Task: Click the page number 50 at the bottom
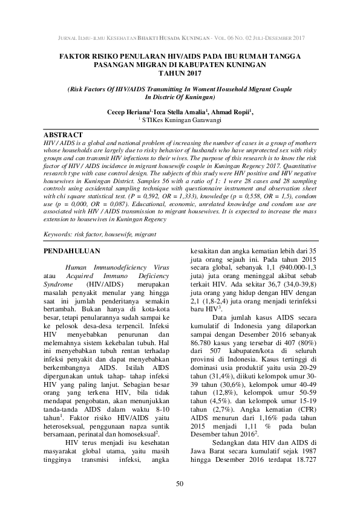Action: [x=180, y=484]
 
